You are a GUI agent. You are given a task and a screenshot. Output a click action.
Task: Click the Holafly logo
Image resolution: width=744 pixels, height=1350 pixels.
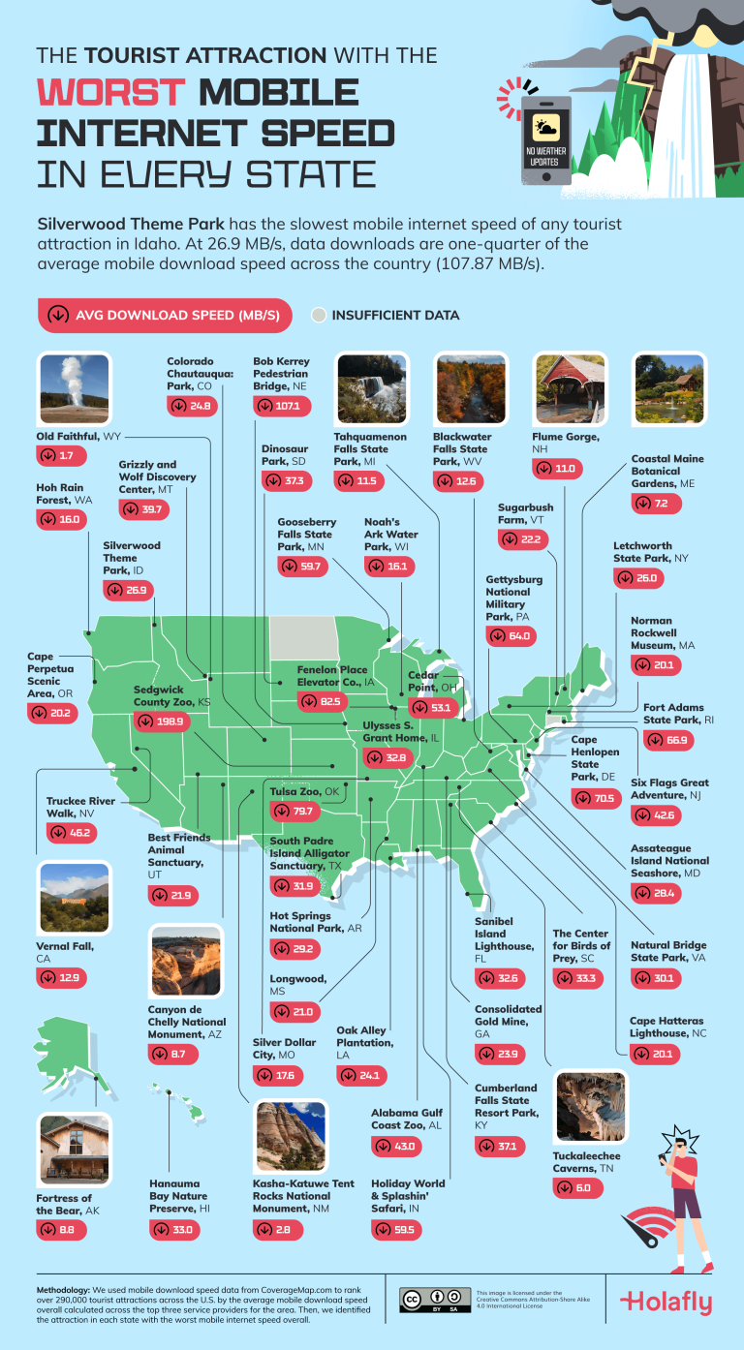pyautogui.click(x=666, y=1302)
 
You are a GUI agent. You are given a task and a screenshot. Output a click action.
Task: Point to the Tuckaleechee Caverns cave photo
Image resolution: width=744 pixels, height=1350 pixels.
pyautogui.click(x=592, y=1107)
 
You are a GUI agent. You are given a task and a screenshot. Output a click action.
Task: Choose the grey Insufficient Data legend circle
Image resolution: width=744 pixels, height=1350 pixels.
pyautogui.click(x=319, y=315)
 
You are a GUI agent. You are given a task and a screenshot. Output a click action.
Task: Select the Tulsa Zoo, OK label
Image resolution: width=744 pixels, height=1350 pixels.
pyautogui.click(x=305, y=791)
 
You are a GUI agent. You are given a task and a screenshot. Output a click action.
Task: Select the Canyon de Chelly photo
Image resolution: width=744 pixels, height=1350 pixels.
pyautogui.click(x=185, y=961)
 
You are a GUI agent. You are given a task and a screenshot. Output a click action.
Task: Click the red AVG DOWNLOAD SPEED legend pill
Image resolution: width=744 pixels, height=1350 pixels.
pyautogui.click(x=165, y=315)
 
